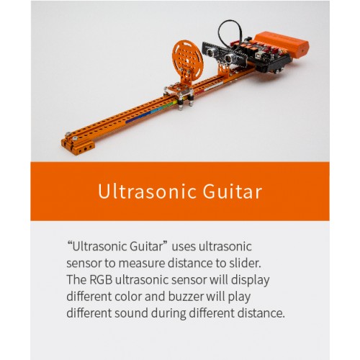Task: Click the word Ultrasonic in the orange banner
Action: [147, 192]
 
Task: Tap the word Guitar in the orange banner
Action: [233, 192]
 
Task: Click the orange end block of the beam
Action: [77, 145]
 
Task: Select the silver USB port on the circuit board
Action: [264, 57]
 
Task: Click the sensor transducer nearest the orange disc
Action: [211, 53]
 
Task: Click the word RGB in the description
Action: [101, 280]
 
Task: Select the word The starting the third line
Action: [77, 280]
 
